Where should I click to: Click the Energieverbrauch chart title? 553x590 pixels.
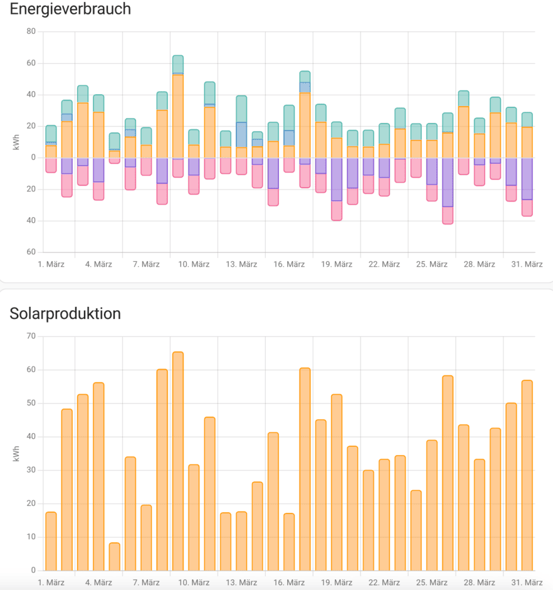(70, 9)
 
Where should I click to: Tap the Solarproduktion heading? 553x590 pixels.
(65, 313)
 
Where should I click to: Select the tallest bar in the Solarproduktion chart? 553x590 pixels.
(178, 461)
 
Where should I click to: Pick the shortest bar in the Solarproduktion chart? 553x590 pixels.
(114, 557)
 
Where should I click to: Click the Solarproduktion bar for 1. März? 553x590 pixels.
(51, 541)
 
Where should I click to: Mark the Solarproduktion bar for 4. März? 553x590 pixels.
(98, 476)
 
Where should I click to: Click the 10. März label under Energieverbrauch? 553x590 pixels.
(194, 264)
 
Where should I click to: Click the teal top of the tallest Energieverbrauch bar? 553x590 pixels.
(178, 64)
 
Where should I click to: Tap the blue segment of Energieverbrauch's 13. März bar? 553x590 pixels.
(241, 134)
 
